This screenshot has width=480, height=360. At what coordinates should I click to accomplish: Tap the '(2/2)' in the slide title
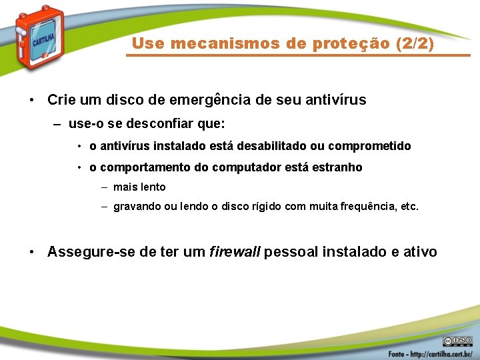[x=414, y=44]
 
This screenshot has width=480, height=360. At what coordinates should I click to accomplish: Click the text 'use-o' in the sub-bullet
[x=83, y=124]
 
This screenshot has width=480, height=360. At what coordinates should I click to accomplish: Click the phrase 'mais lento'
[x=139, y=187]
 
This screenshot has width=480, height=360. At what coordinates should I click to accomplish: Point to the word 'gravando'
[x=135, y=207]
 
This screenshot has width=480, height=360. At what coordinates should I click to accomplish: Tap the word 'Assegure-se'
[x=88, y=252]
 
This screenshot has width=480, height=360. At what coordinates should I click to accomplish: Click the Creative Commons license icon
[x=457, y=340]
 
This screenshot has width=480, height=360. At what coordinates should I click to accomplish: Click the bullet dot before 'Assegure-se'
[x=32, y=253]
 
